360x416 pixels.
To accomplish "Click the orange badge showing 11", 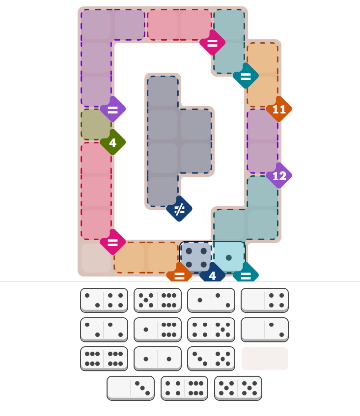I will [x=279, y=109].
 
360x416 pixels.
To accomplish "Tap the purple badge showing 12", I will [x=279, y=176].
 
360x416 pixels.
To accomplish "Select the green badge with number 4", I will [x=113, y=142].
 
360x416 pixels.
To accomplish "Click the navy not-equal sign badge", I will [x=179, y=209].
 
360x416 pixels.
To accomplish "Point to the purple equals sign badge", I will [x=113, y=109].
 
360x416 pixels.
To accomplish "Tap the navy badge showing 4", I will [x=212, y=275].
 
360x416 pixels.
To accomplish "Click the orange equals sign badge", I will [x=179, y=275].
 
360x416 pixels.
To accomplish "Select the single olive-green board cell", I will [x=96, y=125].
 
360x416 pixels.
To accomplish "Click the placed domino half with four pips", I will [x=196, y=257].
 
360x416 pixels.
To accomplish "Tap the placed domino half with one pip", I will [x=229, y=257].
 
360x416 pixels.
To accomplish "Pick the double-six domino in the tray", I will [x=104, y=359].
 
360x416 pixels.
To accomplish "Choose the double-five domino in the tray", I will [x=238, y=388].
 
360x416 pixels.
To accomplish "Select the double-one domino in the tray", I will [x=158, y=359].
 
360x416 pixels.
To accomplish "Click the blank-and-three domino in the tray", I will [x=131, y=388].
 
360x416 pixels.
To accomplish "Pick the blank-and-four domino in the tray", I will [x=265, y=300].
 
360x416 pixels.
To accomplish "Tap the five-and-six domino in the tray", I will [x=158, y=300].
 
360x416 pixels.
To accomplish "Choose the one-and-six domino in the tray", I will [x=158, y=329].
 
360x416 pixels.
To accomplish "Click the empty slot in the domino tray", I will [x=265, y=359].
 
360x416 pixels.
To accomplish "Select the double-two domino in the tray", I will [x=104, y=329].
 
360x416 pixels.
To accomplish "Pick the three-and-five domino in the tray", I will [x=211, y=359].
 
